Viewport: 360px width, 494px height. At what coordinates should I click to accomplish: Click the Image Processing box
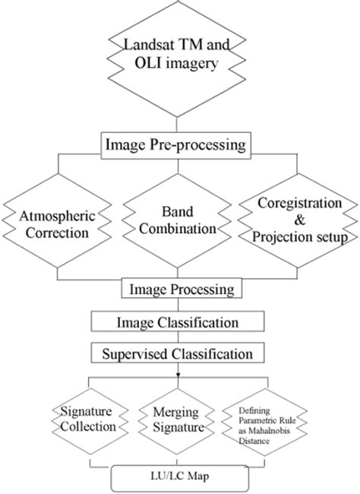tap(179, 289)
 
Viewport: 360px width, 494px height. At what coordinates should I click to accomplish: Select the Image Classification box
tap(179, 321)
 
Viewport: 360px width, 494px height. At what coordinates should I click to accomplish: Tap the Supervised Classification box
tap(179, 353)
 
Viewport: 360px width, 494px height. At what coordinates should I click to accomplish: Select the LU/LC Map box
tap(179, 477)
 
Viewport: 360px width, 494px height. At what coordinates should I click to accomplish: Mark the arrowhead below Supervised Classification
tap(179, 375)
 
